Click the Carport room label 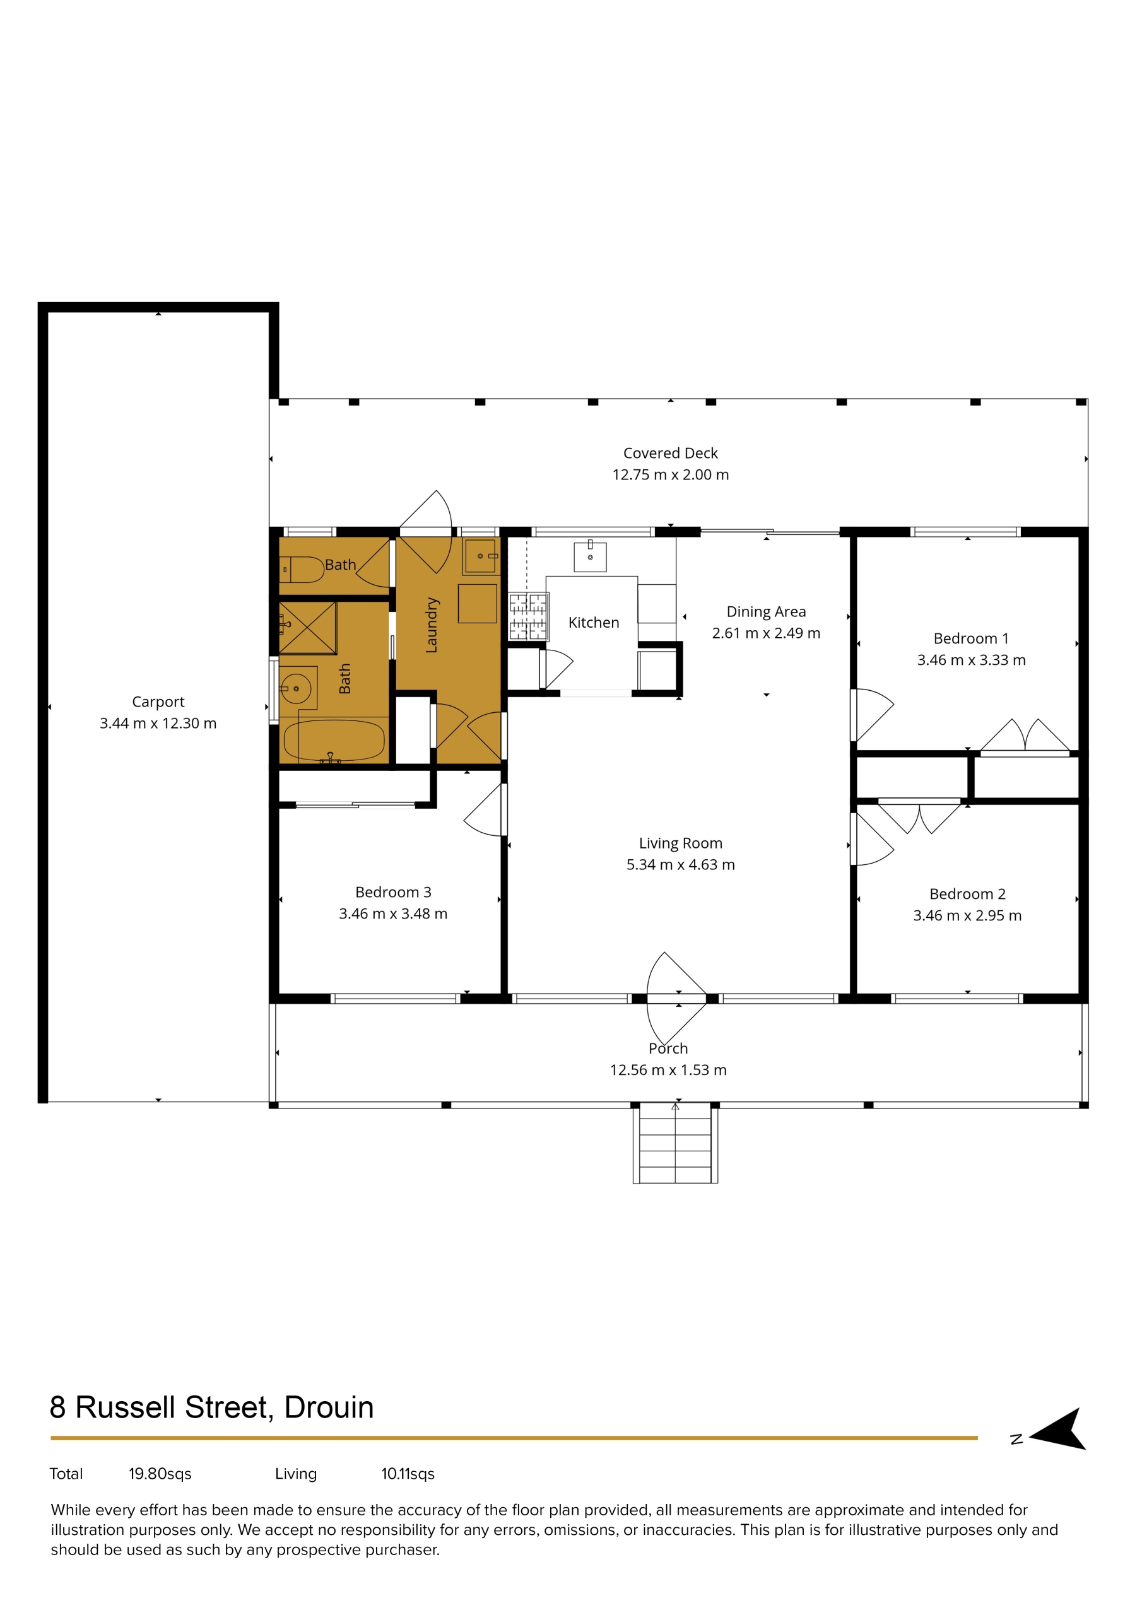158,702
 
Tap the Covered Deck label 671,453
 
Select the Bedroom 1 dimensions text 971,660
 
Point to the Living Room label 680,843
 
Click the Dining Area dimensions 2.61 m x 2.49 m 766,633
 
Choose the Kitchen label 594,623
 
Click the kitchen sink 590,556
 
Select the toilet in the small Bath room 301,569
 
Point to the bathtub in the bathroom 334,741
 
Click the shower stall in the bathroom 307,628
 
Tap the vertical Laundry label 432,625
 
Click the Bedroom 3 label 393,892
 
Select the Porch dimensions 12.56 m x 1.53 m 668,1070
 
